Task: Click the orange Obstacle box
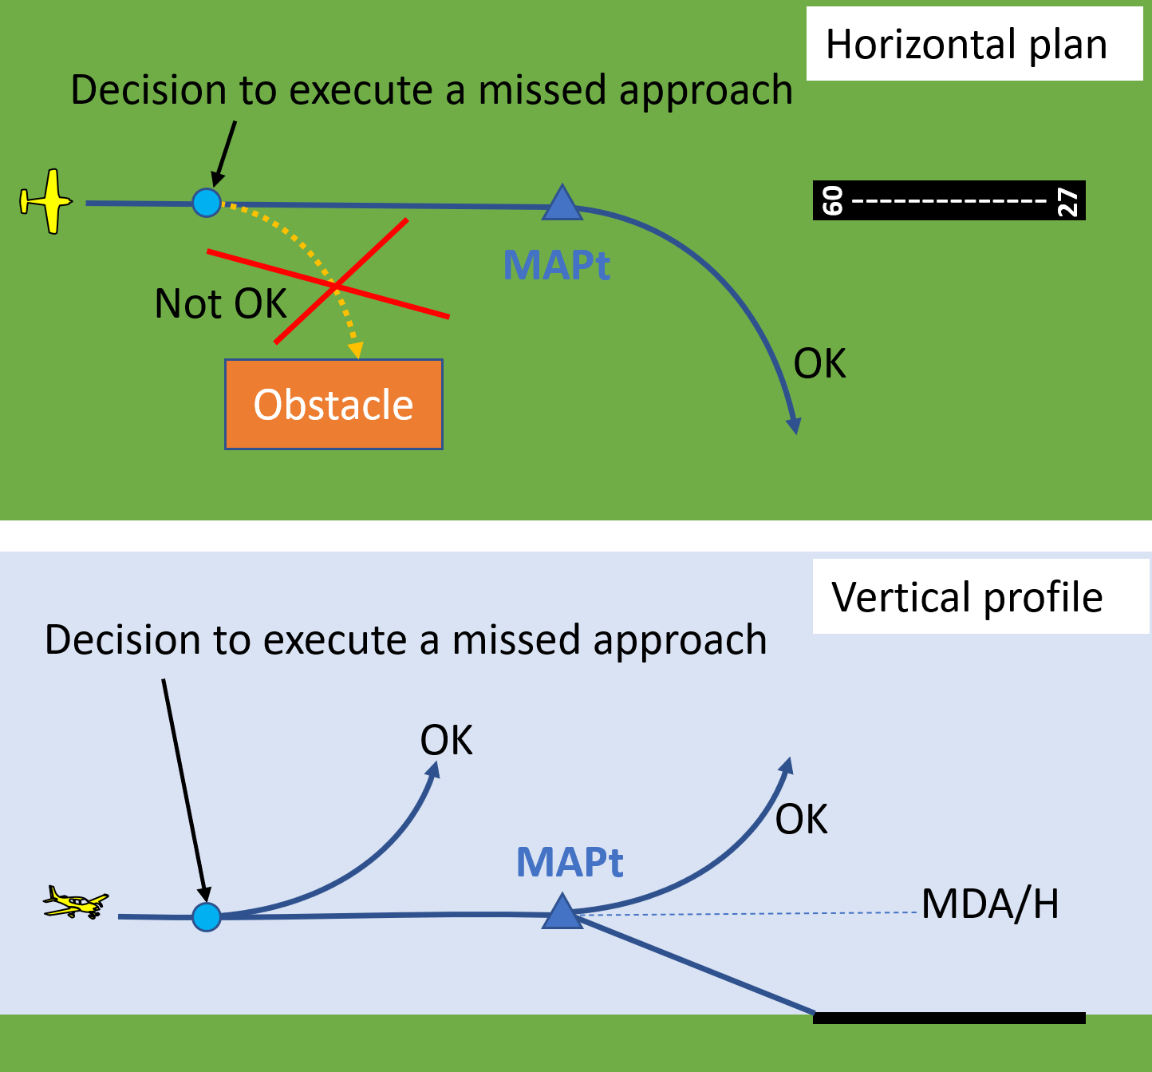pyautogui.click(x=333, y=404)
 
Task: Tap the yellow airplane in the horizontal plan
pyautogui.click(x=46, y=201)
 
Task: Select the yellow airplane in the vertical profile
pyautogui.click(x=75, y=903)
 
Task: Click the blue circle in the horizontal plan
pyautogui.click(x=207, y=203)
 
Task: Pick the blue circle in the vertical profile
pyautogui.click(x=207, y=917)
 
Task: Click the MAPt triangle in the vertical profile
pyautogui.click(x=562, y=913)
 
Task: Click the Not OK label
pyautogui.click(x=220, y=304)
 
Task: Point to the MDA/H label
pyautogui.click(x=990, y=904)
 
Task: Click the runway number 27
pyautogui.click(x=1067, y=201)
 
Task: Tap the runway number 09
pyautogui.click(x=832, y=201)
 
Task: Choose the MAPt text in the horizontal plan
pyautogui.click(x=557, y=265)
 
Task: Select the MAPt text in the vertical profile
pyautogui.click(x=570, y=862)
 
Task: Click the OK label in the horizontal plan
pyautogui.click(x=819, y=364)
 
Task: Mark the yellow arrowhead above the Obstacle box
pyautogui.click(x=356, y=350)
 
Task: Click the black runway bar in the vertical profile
pyautogui.click(x=949, y=1018)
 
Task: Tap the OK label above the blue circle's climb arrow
pyautogui.click(x=446, y=741)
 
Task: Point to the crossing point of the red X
pyautogui.click(x=335, y=285)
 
